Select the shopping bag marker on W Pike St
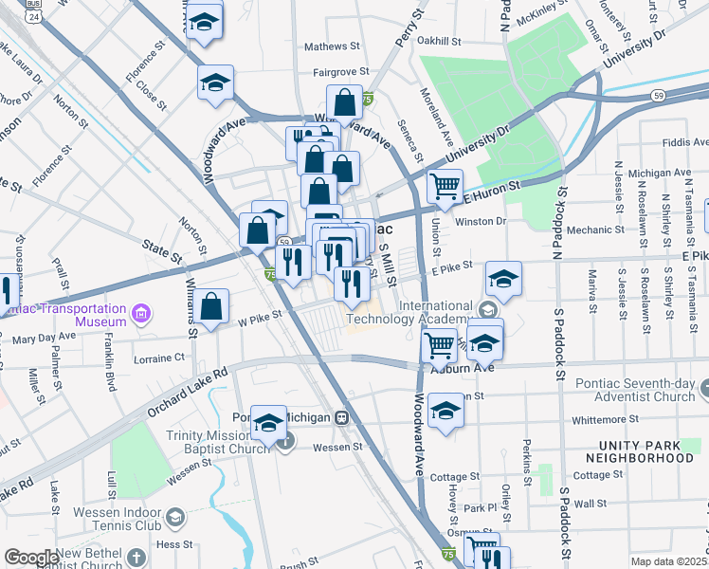click(213, 305)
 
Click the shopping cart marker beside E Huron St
click(445, 186)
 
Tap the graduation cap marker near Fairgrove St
click(215, 82)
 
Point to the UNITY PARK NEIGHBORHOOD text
click(653, 450)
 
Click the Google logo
click(31, 558)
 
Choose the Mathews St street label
click(332, 46)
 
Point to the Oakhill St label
click(439, 42)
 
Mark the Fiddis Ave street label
click(684, 142)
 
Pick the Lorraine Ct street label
click(160, 358)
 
